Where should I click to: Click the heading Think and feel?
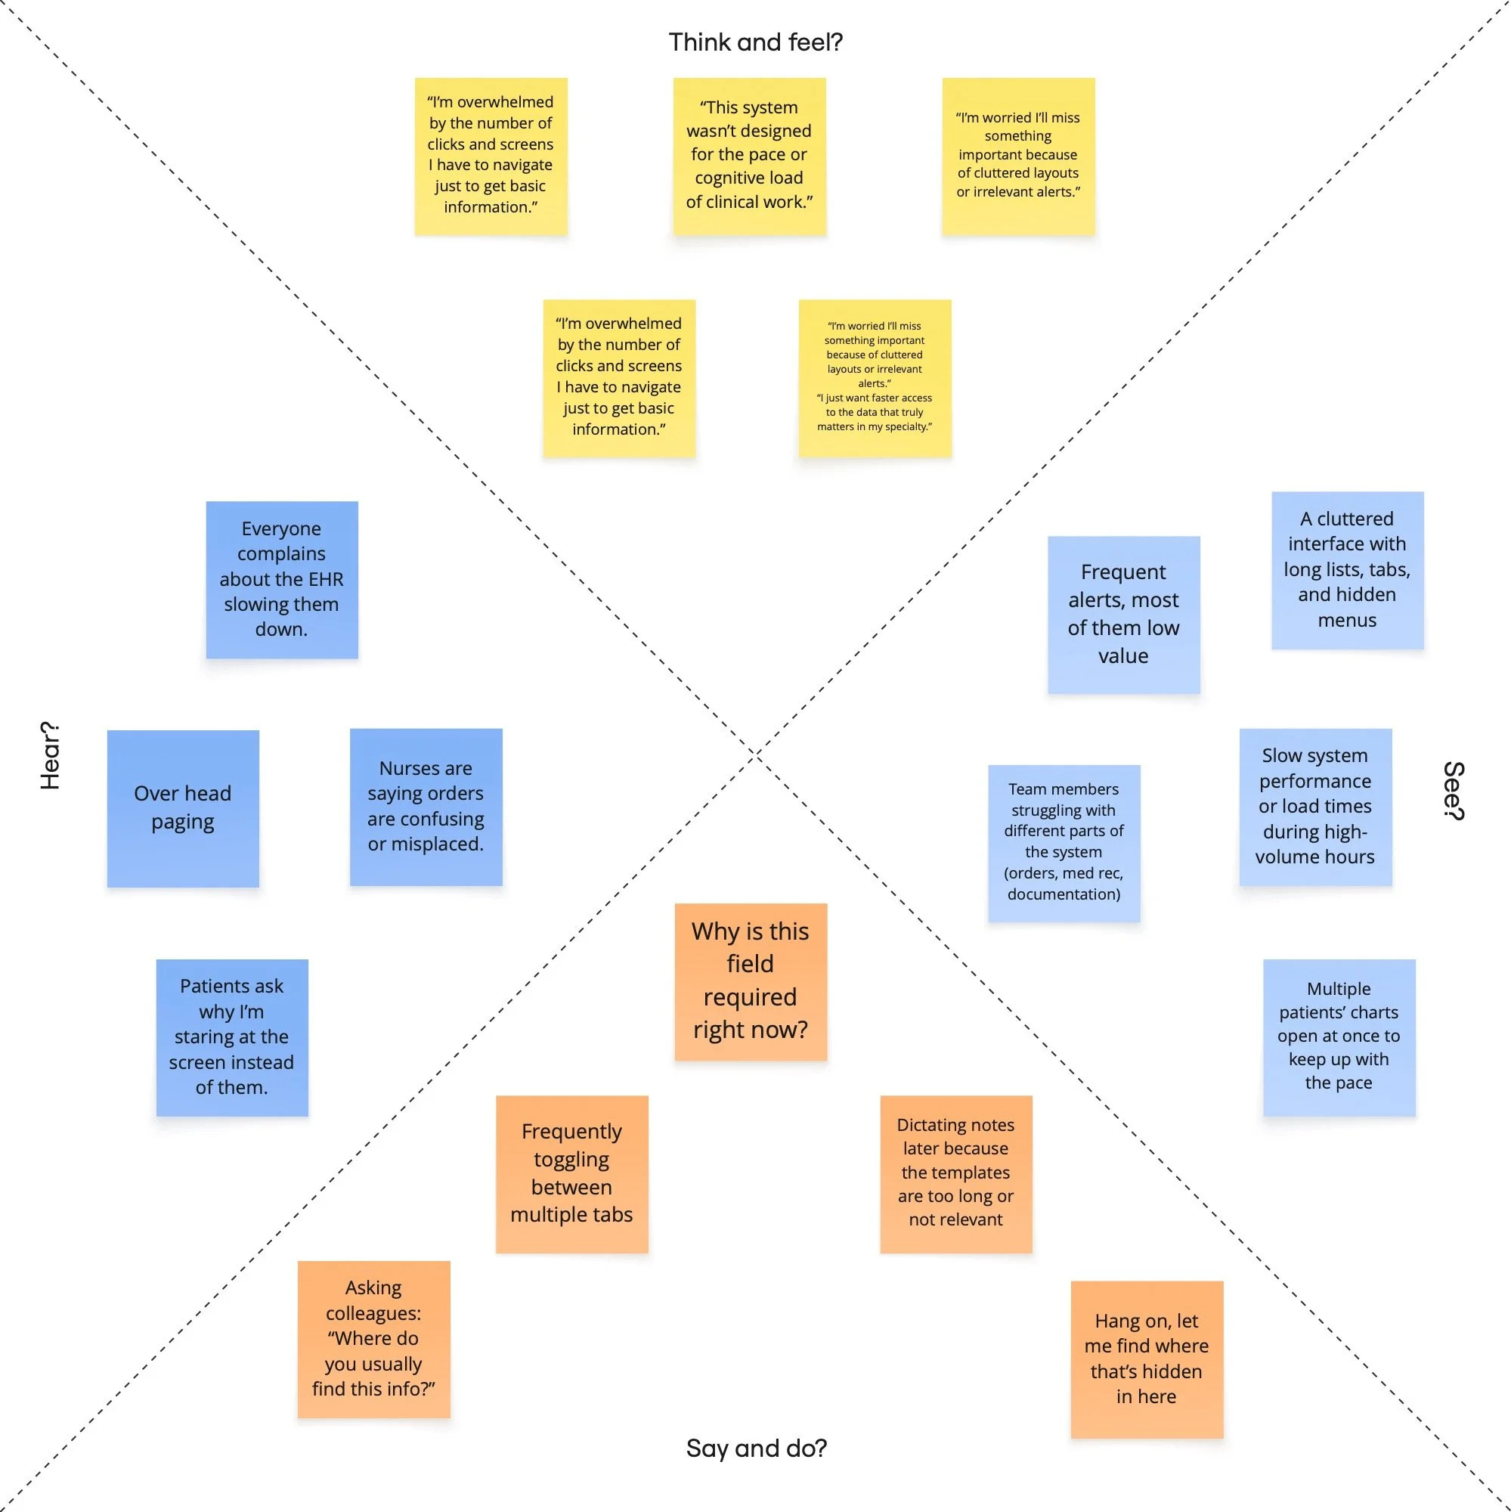point(755,42)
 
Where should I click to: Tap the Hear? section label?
point(50,755)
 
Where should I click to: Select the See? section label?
point(1453,791)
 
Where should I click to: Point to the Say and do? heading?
point(756,1448)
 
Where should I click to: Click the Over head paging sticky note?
point(183,808)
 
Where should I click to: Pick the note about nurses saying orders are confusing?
point(426,807)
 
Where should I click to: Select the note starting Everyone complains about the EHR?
point(282,579)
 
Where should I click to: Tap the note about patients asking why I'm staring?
point(231,1037)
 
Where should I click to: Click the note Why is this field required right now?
point(751,981)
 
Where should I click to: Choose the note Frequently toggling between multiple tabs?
point(571,1173)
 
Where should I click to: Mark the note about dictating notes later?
point(955,1173)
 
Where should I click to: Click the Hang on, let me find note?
point(1147,1359)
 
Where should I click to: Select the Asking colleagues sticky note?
point(373,1338)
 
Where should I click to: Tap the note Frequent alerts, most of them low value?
point(1123,615)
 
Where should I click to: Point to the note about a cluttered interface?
point(1347,570)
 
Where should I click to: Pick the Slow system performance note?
point(1314,807)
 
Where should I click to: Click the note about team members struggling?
point(1064,842)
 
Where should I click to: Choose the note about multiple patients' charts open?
point(1338,1037)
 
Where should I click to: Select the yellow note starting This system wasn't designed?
point(749,156)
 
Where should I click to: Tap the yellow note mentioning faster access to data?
point(874,378)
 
